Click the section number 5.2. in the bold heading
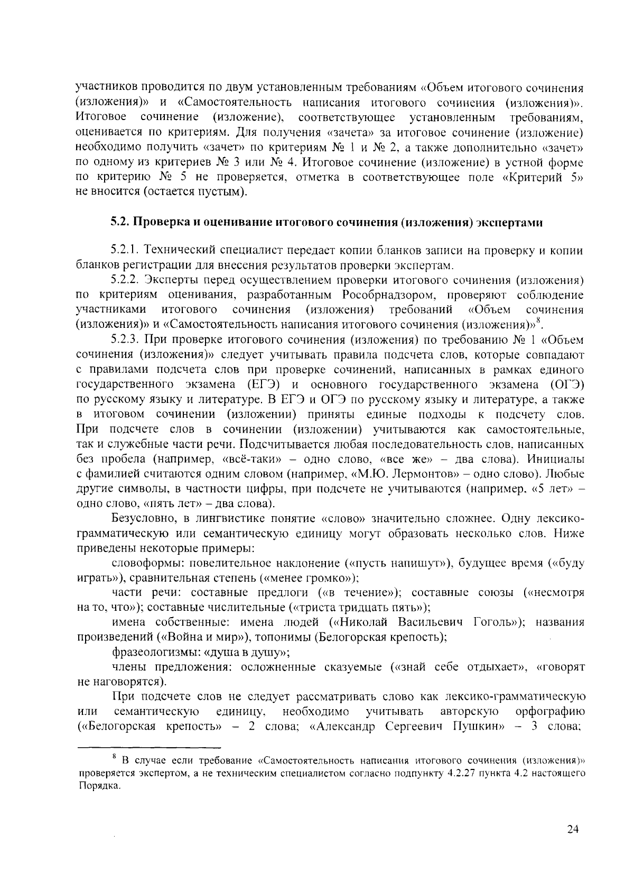click(119, 223)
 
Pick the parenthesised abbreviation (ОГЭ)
click(567, 383)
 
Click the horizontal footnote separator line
click(149, 748)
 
